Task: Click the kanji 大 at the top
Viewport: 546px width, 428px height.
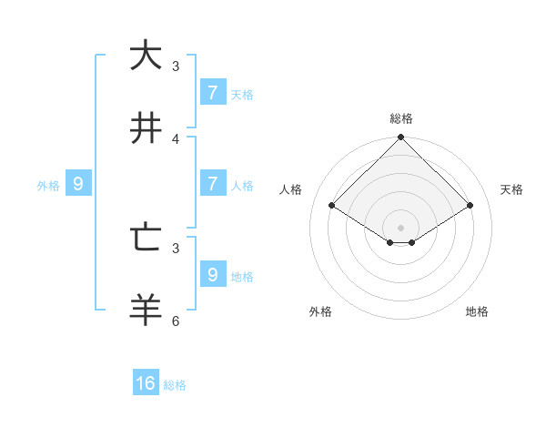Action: [x=145, y=56]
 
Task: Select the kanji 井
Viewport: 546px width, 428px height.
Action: [x=145, y=128]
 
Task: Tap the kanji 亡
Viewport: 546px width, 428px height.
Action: [x=145, y=238]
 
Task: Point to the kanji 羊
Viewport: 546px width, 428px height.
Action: [x=145, y=311]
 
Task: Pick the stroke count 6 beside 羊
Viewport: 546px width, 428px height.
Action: [x=176, y=321]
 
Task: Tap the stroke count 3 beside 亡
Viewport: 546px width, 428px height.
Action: [x=176, y=248]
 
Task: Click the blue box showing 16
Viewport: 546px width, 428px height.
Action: [x=146, y=383]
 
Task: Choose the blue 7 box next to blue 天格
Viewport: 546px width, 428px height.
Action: [x=213, y=92]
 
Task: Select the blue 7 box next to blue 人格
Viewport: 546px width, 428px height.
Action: [x=213, y=183]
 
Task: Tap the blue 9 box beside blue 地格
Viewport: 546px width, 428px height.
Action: [x=213, y=274]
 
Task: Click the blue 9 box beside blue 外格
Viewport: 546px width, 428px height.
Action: [x=78, y=183]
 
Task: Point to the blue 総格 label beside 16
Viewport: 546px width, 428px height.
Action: [x=175, y=385]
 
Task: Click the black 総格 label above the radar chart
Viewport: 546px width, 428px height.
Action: [x=400, y=118]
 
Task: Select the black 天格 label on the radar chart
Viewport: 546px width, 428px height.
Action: [x=511, y=189]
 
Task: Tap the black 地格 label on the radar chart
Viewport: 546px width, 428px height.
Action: [x=477, y=311]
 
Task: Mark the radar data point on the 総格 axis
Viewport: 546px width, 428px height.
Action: [x=400, y=138]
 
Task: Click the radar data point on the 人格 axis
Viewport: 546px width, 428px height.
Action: [x=331, y=206]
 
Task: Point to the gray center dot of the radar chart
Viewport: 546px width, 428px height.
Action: [x=400, y=227]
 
